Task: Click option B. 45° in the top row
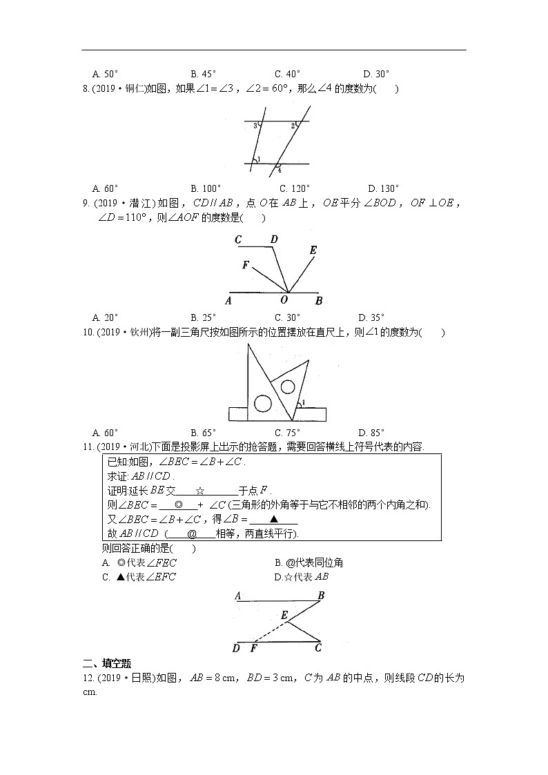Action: click(x=203, y=73)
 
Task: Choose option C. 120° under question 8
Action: click(x=295, y=188)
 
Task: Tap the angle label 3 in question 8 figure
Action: click(x=255, y=126)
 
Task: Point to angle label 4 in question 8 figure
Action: click(x=280, y=170)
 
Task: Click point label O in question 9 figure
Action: click(x=283, y=300)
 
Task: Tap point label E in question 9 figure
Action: click(x=313, y=251)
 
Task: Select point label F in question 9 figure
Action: click(x=245, y=265)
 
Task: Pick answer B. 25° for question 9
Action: click(x=203, y=317)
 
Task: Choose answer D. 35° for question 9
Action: click(x=372, y=317)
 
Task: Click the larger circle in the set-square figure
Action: click(x=262, y=403)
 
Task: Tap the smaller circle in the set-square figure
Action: click(x=287, y=386)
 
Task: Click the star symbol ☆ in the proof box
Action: click(x=199, y=491)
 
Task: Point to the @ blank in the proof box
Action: click(x=192, y=534)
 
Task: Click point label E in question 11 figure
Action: click(x=284, y=614)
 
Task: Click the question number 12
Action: click(x=88, y=678)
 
